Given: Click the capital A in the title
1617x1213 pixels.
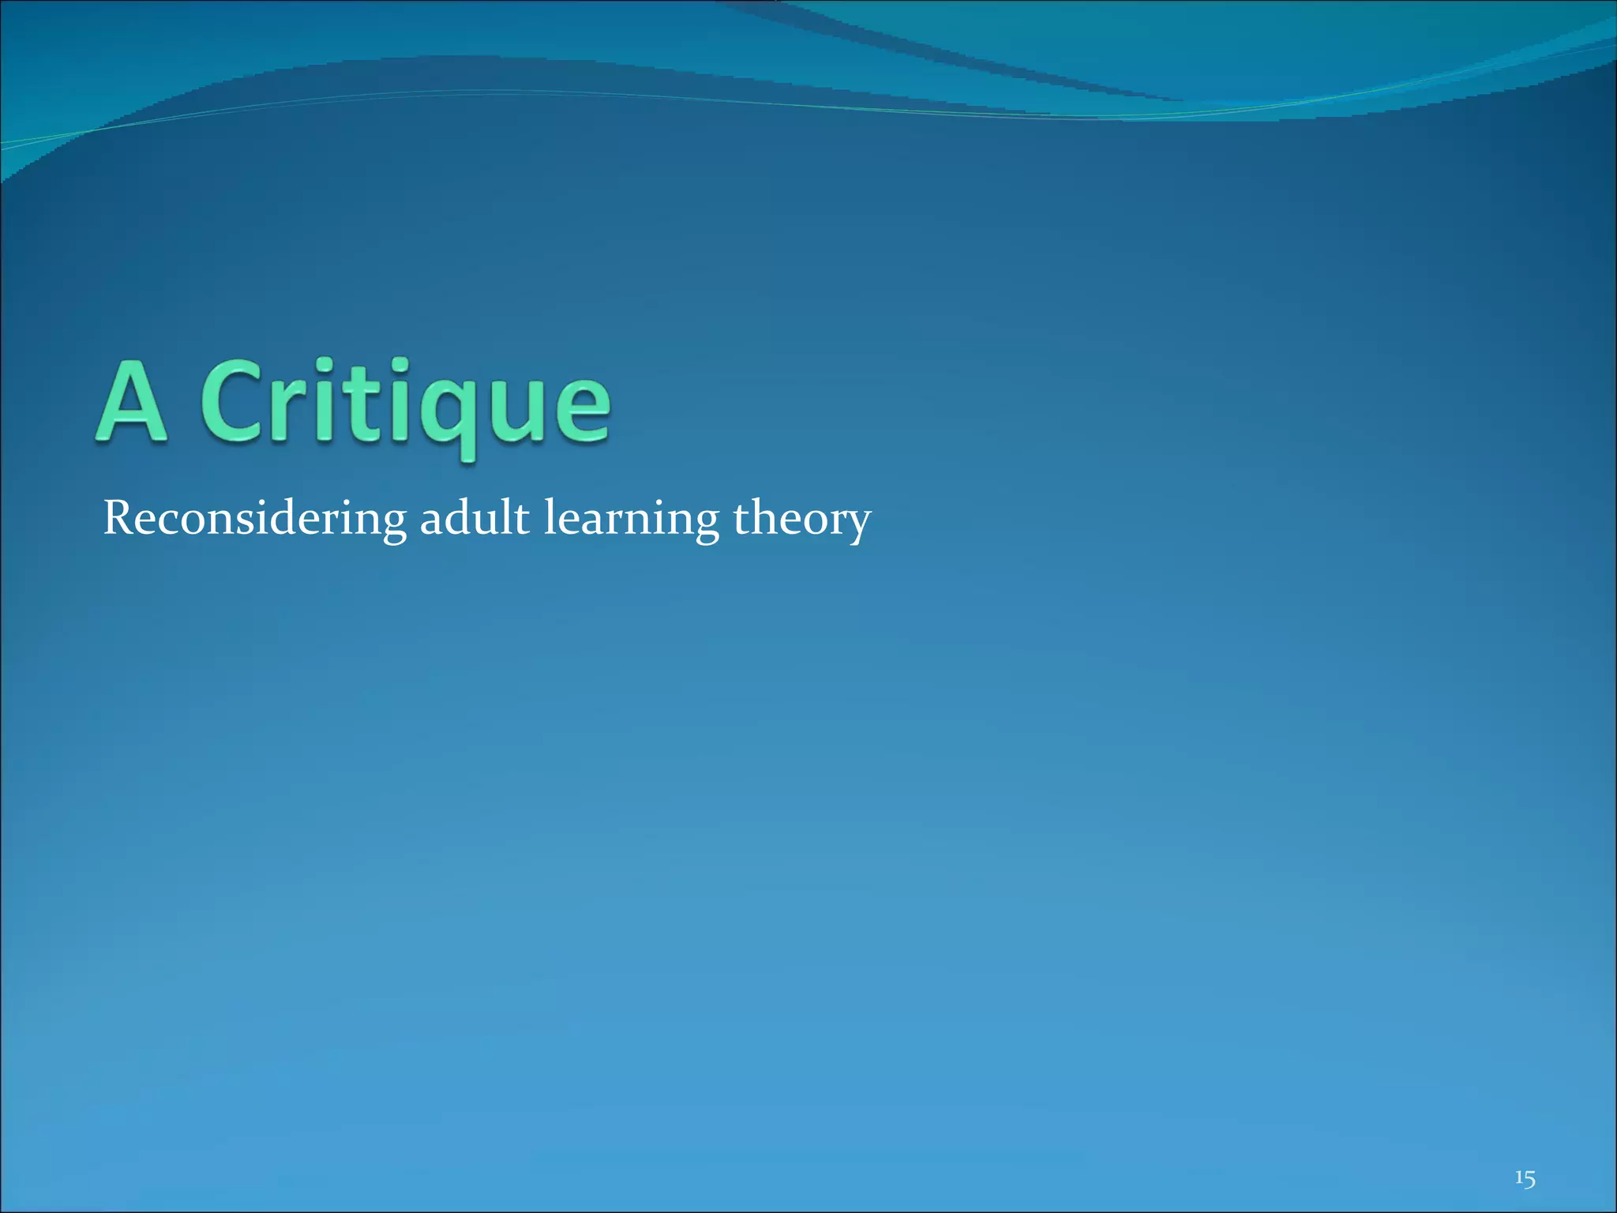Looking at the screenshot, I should pos(132,404).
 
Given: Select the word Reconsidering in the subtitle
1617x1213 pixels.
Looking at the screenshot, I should pos(254,520).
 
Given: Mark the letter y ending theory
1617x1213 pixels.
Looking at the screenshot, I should pos(858,524).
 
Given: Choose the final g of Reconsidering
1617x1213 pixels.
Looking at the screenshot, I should pos(393,524).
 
